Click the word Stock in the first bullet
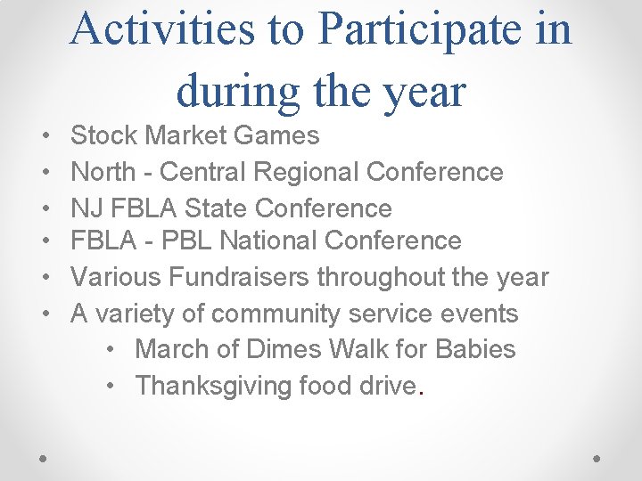[103, 135]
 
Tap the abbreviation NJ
[86, 208]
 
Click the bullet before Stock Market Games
[45, 136]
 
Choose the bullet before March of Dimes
[109, 350]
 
